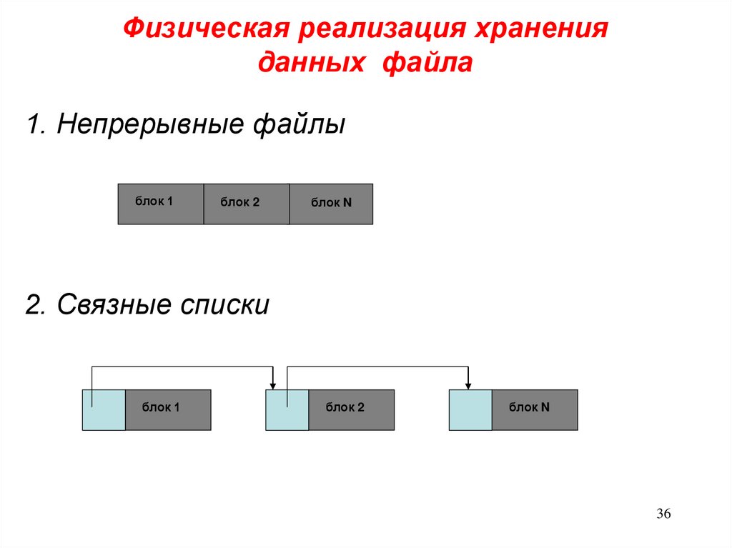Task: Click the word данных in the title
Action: (309, 64)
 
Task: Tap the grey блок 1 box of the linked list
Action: (168, 409)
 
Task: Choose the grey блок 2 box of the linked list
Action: (351, 409)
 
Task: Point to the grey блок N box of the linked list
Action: (535, 409)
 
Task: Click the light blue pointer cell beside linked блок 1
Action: (104, 409)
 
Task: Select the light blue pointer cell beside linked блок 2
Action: (287, 409)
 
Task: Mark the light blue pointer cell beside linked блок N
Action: (470, 409)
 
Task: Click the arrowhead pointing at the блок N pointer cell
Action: (468, 385)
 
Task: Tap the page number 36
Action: (664, 515)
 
